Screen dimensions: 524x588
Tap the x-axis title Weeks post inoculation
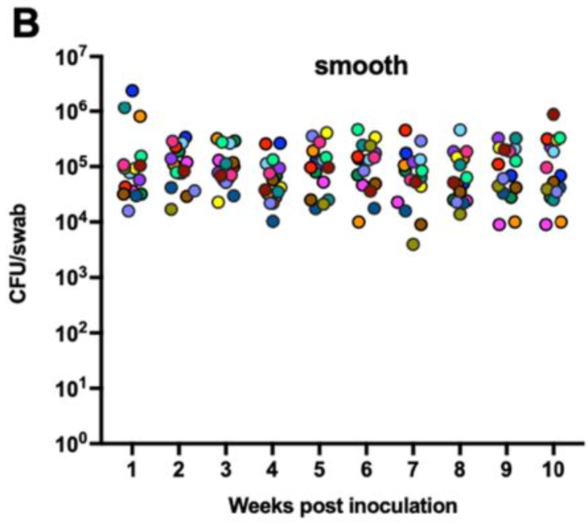tap(343, 506)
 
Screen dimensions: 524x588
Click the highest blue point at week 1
tap(132, 90)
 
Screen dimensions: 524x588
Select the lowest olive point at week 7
tap(414, 244)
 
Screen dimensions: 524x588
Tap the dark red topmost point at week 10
tap(554, 114)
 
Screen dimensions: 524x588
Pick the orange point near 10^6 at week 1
tap(139, 116)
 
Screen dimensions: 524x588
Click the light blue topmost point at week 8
tap(460, 130)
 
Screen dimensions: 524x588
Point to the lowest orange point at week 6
tap(359, 222)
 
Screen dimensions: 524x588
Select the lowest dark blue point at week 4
tap(272, 221)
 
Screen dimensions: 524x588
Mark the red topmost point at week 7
tap(405, 130)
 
